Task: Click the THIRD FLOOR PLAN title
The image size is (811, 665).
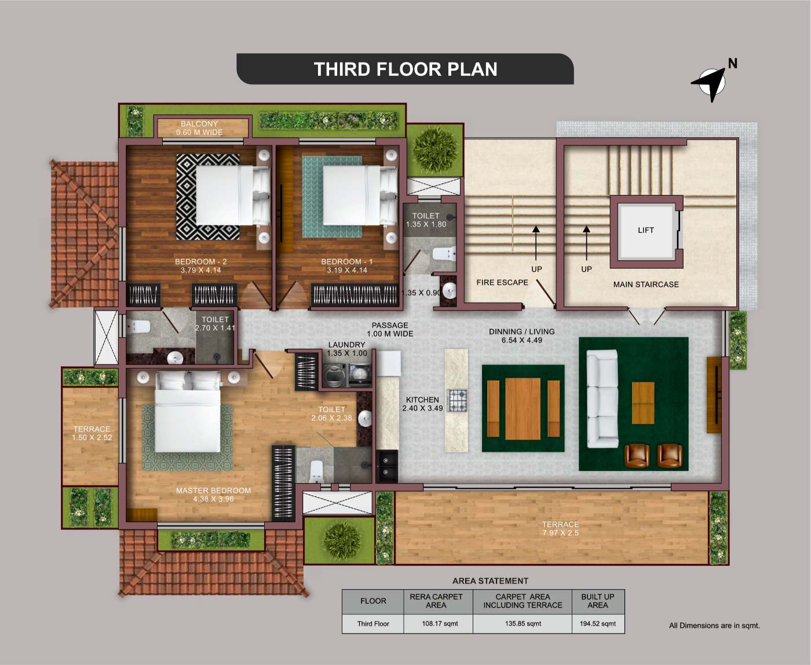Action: coord(405,70)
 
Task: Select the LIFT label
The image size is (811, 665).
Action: coord(646,230)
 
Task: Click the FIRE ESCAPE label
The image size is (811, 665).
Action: coord(502,282)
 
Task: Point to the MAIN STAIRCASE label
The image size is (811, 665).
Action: coord(646,284)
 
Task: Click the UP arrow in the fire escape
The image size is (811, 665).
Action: coord(536,243)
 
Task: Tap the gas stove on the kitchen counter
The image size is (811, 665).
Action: coord(458,400)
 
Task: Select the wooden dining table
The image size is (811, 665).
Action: coord(523,408)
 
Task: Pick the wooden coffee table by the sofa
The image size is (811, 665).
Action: coord(643,403)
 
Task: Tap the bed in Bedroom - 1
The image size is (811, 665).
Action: coord(360,195)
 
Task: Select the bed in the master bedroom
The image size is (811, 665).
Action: coord(188,411)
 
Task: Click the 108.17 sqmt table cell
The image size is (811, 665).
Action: coord(440,623)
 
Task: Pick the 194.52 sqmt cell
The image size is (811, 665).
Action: coord(598,623)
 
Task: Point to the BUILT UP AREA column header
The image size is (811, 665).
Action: coord(598,601)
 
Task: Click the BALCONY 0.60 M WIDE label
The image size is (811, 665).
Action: coord(199,128)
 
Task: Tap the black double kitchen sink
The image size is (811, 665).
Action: coord(387,466)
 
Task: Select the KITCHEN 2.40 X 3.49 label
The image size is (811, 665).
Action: coord(423,404)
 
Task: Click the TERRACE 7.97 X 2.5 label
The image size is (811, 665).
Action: coord(560,528)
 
